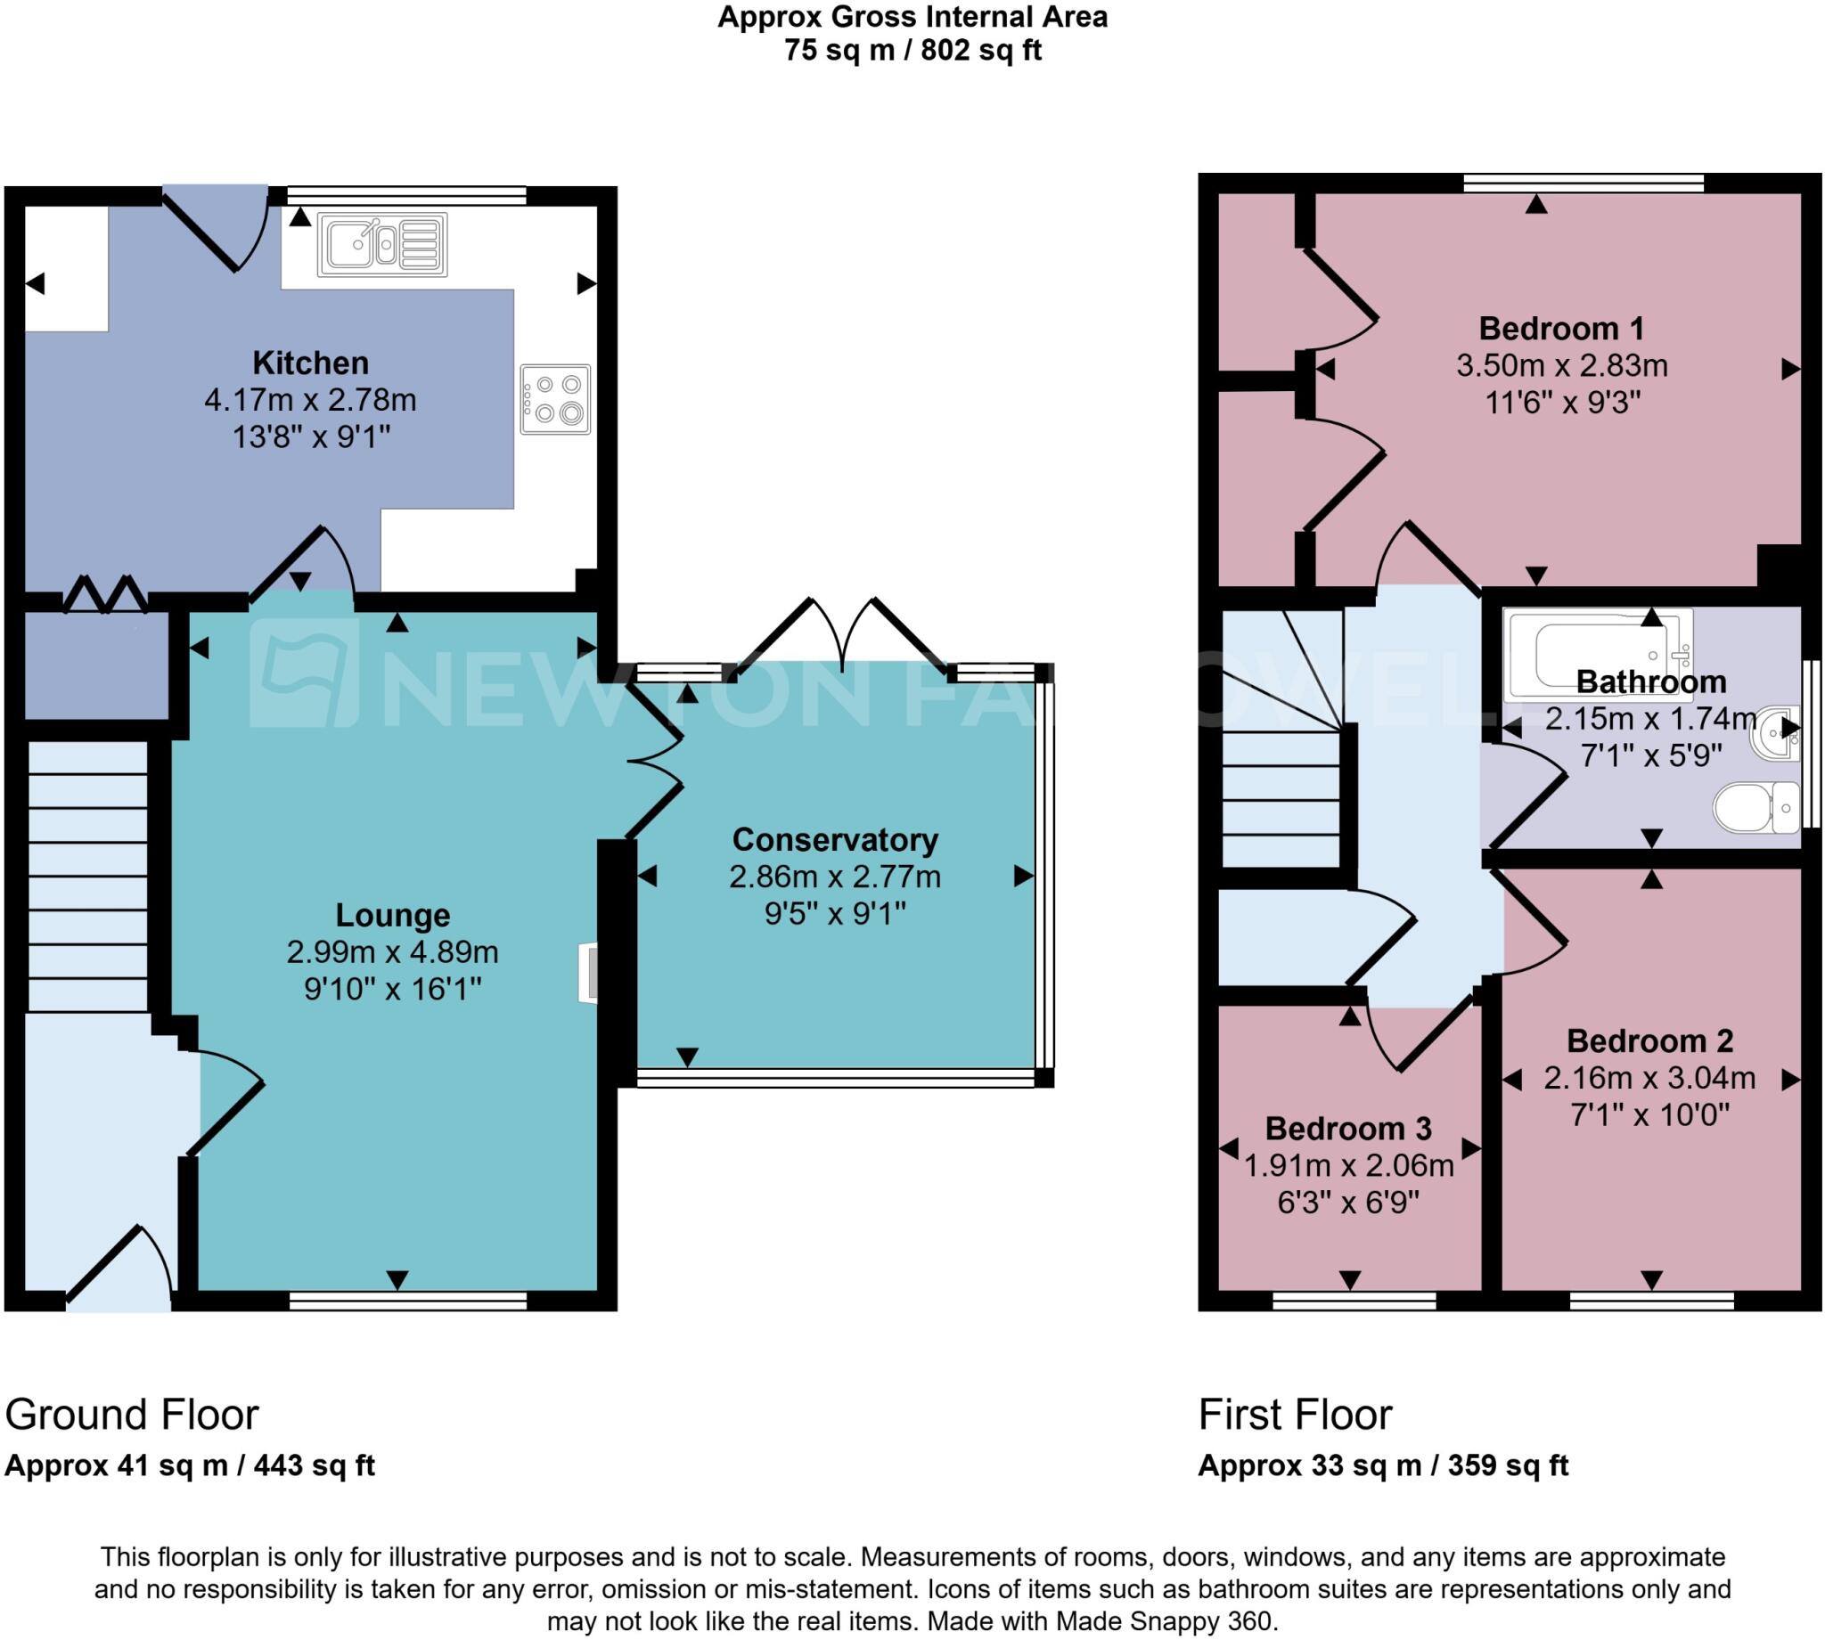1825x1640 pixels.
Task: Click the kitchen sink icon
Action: [382, 244]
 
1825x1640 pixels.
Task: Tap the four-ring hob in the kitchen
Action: [555, 399]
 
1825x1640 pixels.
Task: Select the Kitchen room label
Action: [310, 363]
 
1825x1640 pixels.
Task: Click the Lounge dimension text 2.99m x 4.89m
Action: [392, 951]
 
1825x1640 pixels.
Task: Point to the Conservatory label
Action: [835, 839]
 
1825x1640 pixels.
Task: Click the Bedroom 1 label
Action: [1561, 328]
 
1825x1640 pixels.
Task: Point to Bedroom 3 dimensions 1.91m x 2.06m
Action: [1348, 1165]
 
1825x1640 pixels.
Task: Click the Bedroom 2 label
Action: [1649, 1040]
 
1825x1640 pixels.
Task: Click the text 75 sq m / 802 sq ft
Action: [912, 51]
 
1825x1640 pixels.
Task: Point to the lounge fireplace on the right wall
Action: [587, 972]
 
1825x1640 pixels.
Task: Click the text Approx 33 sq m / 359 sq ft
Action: [1382, 1465]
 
